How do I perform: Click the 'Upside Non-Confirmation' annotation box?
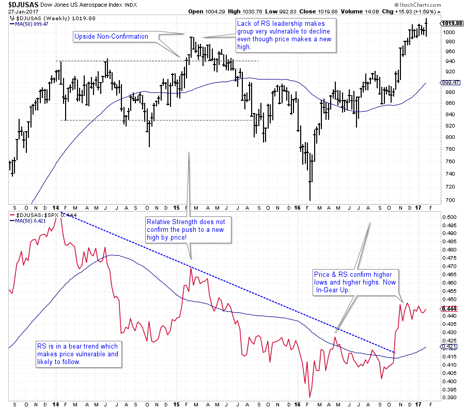[111, 37]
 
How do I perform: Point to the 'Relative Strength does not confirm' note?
[189, 229]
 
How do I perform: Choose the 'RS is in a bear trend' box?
[78, 354]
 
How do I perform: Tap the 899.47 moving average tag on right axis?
[451, 83]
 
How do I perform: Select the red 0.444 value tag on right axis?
[448, 309]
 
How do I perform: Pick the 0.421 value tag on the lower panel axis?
[448, 347]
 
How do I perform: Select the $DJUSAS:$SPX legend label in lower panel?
[36, 214]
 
